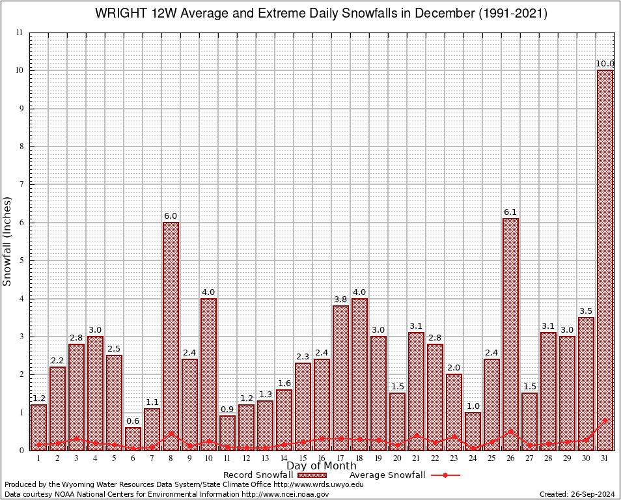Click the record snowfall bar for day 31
(x=605, y=260)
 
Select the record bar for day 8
(x=171, y=336)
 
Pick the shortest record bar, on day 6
(x=133, y=438)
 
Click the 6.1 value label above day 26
(x=511, y=212)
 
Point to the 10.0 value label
(x=605, y=64)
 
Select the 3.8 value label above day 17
(x=340, y=299)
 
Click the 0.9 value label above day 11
(x=227, y=410)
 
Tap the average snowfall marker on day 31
(x=605, y=420)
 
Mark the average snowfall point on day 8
(x=171, y=433)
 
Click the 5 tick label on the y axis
(x=21, y=260)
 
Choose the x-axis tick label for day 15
(x=303, y=458)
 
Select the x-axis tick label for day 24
(x=473, y=458)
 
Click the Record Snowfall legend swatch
(x=309, y=475)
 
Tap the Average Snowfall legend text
(x=387, y=475)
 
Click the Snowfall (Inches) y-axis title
(x=8, y=241)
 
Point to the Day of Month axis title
(x=322, y=466)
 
